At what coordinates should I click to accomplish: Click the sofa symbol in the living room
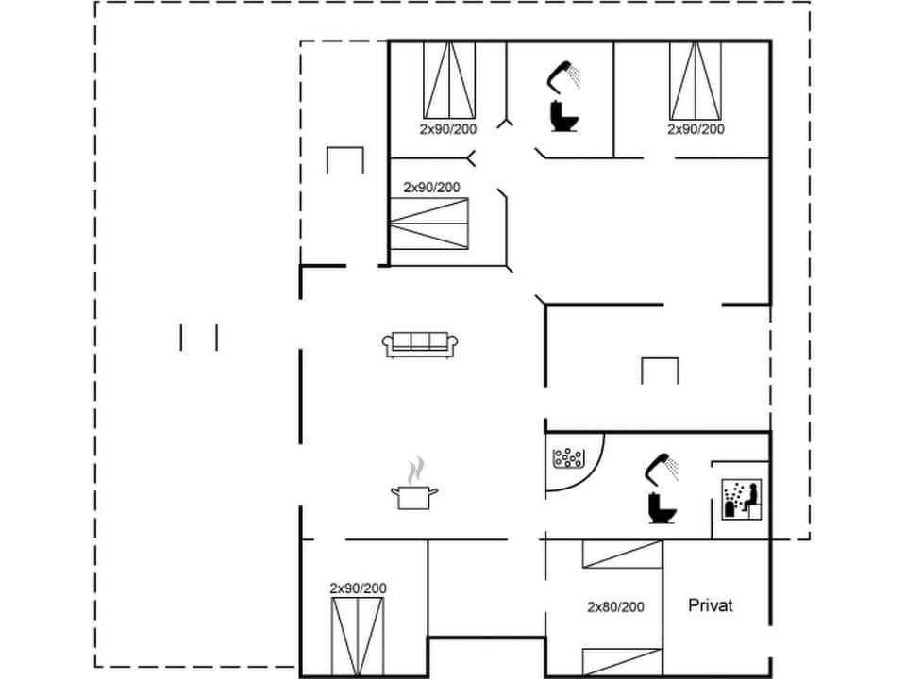tap(420, 344)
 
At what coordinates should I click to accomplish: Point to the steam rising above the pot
tap(416, 469)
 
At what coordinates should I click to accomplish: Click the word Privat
tap(711, 605)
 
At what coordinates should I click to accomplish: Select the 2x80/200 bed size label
tap(615, 607)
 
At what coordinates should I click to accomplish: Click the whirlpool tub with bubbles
tap(569, 459)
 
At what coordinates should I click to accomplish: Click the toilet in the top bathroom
tap(564, 116)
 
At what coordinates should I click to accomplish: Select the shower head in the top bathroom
tap(565, 73)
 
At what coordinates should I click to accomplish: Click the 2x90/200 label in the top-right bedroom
tap(696, 129)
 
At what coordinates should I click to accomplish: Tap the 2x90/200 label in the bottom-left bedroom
tap(358, 588)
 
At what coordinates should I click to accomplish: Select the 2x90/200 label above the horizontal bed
tap(431, 188)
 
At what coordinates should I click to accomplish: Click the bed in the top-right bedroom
tap(696, 80)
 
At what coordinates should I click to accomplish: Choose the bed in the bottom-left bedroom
tap(359, 636)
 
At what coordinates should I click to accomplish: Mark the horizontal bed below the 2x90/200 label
tap(430, 224)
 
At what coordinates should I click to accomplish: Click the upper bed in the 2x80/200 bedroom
tap(620, 554)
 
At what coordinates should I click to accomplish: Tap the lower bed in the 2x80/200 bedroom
tap(620, 662)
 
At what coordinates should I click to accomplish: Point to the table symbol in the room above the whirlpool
tap(660, 371)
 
